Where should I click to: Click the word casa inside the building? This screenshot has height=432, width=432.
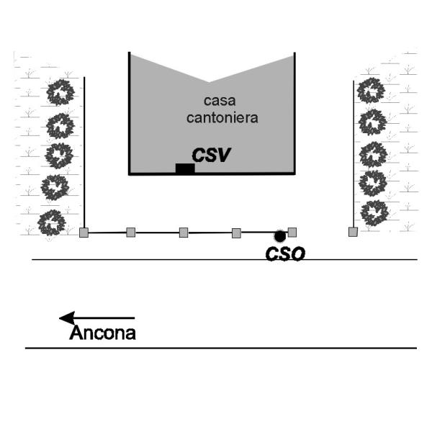tap(211, 102)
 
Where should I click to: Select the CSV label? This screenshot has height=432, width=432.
tap(210, 155)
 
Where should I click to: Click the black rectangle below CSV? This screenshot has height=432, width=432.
tap(185, 168)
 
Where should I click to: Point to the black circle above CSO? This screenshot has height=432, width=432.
tap(279, 235)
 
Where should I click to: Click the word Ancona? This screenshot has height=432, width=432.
tap(102, 333)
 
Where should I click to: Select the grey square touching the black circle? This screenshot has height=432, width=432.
tap(292, 232)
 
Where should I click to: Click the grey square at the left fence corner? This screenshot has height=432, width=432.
tap(84, 233)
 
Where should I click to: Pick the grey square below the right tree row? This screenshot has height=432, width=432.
tap(353, 232)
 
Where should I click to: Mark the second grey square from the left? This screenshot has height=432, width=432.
tap(131, 232)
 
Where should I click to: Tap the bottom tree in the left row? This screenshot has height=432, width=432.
tap(52, 223)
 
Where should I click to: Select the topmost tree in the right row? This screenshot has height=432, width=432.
tap(372, 90)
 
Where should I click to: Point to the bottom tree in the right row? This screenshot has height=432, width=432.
tap(374, 212)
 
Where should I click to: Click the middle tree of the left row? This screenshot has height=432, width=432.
tap(59, 155)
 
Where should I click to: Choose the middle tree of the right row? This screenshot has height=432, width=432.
tap(373, 153)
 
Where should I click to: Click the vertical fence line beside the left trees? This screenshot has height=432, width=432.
tap(84, 151)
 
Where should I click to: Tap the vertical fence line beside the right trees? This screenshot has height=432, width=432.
tap(354, 151)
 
